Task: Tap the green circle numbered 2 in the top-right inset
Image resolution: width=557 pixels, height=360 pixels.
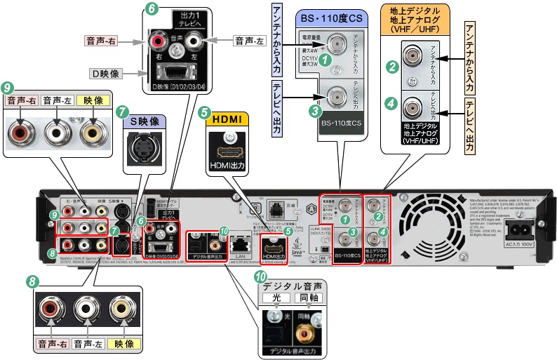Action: [x=393, y=68]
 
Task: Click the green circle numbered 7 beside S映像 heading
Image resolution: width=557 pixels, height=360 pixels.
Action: [x=123, y=112]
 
